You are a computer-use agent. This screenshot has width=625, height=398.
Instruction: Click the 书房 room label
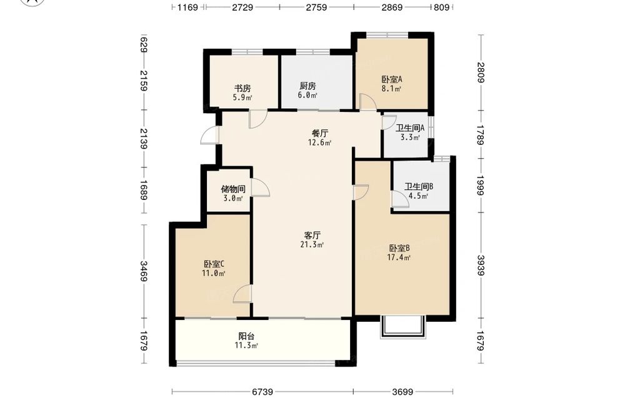click(x=242, y=89)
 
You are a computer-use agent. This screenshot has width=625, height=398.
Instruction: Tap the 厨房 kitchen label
click(x=307, y=86)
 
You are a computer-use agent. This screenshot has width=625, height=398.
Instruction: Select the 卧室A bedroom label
click(x=391, y=79)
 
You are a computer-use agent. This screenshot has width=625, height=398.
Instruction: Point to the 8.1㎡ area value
click(x=391, y=89)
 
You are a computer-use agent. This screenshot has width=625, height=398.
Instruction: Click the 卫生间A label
click(x=410, y=128)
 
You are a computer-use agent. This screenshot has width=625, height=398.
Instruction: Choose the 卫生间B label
click(x=419, y=186)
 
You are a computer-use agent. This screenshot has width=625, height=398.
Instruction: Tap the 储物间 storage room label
click(x=233, y=189)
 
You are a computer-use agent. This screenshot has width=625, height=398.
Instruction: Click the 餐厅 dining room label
click(x=319, y=133)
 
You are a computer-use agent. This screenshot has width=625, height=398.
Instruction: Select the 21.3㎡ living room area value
click(x=312, y=245)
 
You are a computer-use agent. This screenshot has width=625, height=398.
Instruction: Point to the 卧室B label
click(x=399, y=248)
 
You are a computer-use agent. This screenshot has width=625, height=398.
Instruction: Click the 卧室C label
click(x=214, y=264)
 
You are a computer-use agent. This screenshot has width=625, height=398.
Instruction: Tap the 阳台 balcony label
click(x=246, y=336)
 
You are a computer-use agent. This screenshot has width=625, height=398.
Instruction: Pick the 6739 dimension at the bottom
click(x=262, y=392)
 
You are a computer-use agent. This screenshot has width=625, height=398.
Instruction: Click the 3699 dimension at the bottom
click(x=402, y=392)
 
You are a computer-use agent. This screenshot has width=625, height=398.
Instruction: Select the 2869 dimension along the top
click(x=392, y=7)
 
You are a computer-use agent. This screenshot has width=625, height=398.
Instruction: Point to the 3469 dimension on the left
click(x=144, y=271)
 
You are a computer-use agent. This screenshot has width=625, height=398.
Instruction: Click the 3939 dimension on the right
click(x=481, y=266)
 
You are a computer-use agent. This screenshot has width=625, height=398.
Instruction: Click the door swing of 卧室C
click(x=241, y=294)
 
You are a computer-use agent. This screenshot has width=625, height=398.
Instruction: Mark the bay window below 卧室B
click(x=403, y=327)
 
